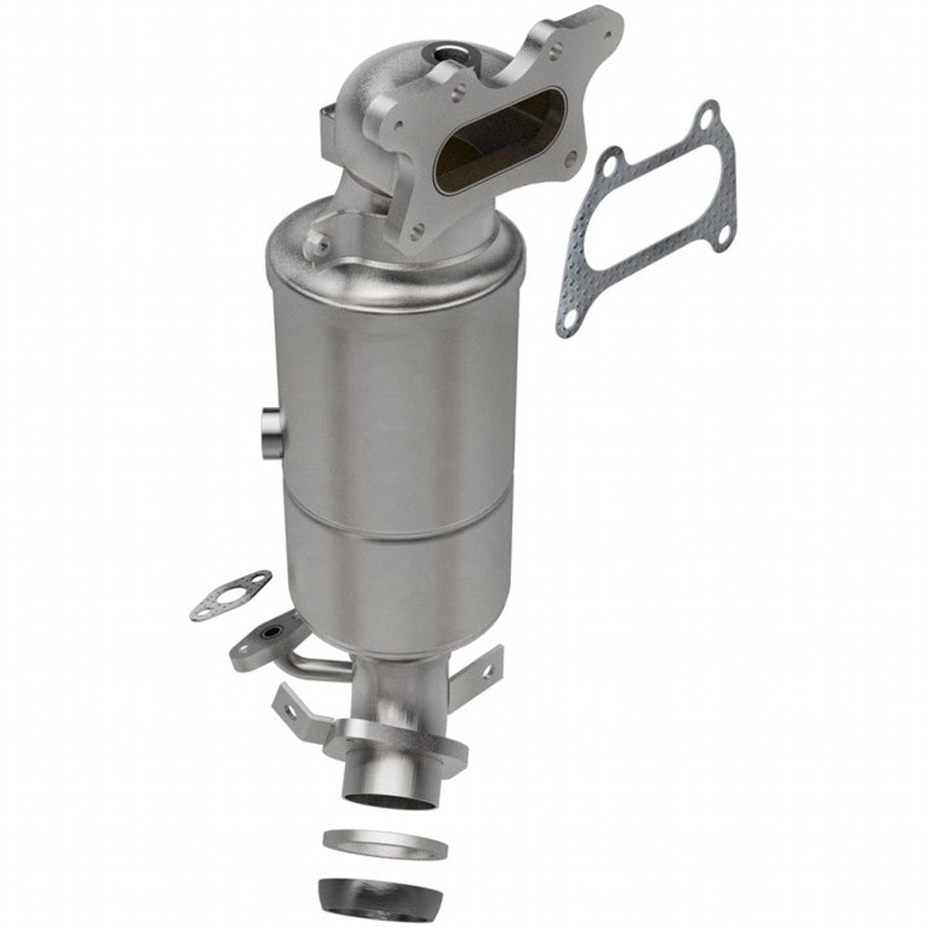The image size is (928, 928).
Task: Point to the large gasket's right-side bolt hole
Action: click(x=722, y=237)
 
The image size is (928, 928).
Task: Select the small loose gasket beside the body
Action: click(x=230, y=594)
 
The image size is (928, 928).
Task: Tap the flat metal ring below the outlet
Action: click(x=384, y=846)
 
